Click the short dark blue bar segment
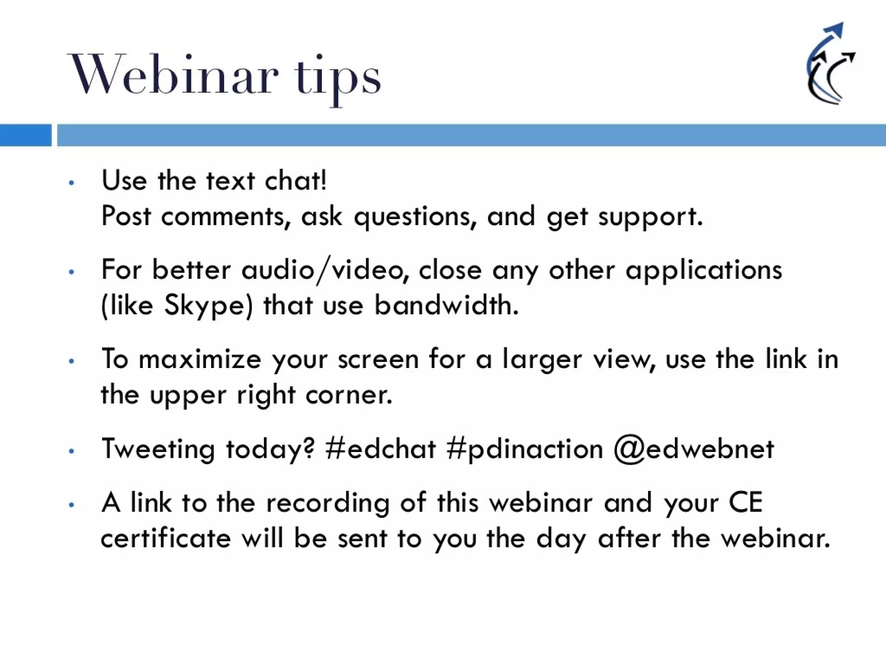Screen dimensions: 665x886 pyautogui.click(x=25, y=135)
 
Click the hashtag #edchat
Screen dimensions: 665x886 pyautogui.click(x=381, y=449)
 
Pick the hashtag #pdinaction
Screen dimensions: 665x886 pyautogui.click(x=524, y=449)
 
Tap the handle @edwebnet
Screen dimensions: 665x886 pyautogui.click(x=693, y=449)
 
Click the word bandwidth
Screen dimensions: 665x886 pyautogui.click(x=446, y=305)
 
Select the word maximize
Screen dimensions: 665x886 pyautogui.click(x=200, y=359)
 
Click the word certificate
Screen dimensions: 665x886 pyautogui.click(x=166, y=539)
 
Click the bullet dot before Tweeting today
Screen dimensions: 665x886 pyautogui.click(x=72, y=451)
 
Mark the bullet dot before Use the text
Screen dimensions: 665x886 pyautogui.click(x=72, y=183)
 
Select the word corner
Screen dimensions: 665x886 pyautogui.click(x=349, y=395)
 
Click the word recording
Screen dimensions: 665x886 pyautogui.click(x=327, y=504)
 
